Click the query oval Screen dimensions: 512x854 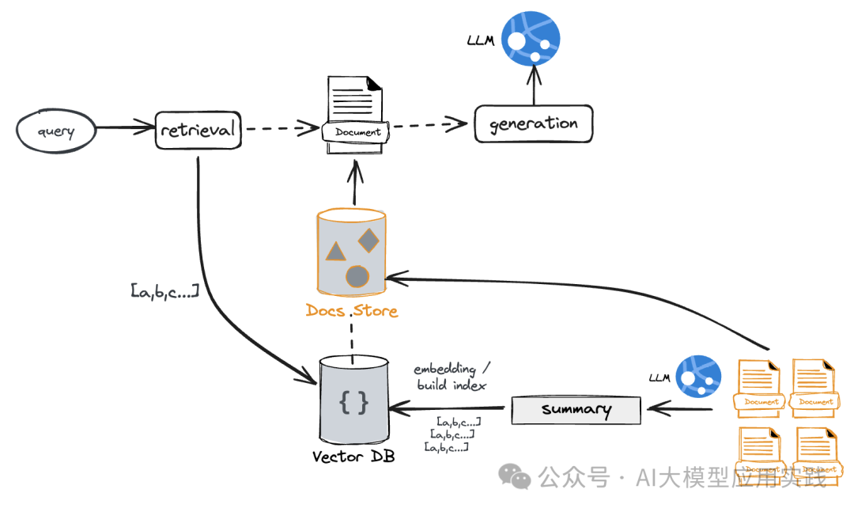pyautogui.click(x=55, y=130)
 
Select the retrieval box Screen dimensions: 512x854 pyautogui.click(x=198, y=129)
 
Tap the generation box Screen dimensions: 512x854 pyautogui.click(x=533, y=124)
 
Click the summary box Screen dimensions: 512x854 pyautogui.click(x=576, y=410)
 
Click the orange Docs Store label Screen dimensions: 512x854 pyautogui.click(x=352, y=310)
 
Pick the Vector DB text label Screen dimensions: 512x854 pyautogui.click(x=353, y=457)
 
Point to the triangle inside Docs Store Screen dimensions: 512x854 pyautogui.click(x=335, y=251)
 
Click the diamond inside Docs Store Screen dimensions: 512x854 pyautogui.click(x=368, y=239)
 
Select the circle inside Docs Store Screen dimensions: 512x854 pyautogui.click(x=357, y=276)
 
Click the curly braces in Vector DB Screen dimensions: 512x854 pyautogui.click(x=353, y=403)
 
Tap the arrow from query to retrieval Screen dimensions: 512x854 pyautogui.click(x=125, y=127)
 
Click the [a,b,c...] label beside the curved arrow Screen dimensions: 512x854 pyautogui.click(x=164, y=291)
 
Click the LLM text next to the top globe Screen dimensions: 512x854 pyautogui.click(x=481, y=40)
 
